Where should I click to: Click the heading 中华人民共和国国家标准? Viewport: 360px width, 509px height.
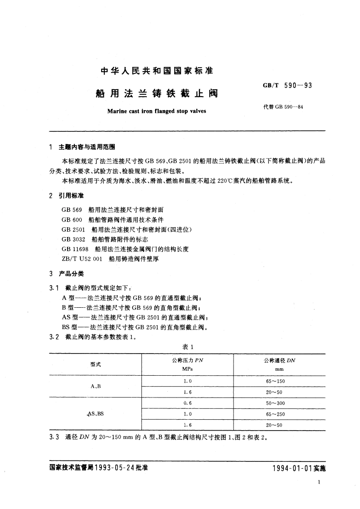pos(156,72)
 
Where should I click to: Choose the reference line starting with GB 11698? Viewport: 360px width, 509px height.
pos(125,249)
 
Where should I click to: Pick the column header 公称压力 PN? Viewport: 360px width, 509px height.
pos(188,361)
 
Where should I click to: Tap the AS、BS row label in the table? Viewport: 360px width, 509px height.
pos(95,414)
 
